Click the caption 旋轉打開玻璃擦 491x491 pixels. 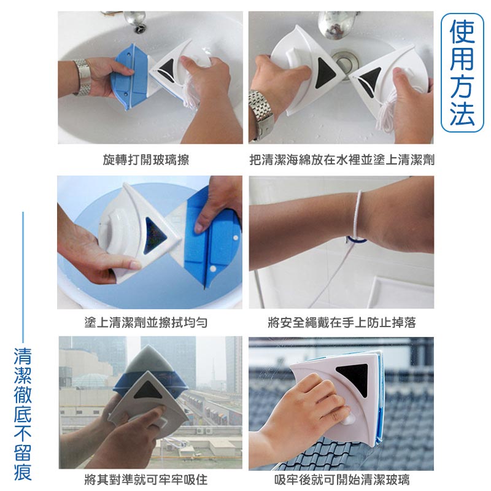[x=146, y=160]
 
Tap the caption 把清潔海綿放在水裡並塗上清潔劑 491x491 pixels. [x=342, y=160]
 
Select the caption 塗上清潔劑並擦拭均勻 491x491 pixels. [x=146, y=322]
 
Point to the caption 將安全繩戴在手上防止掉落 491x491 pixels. [x=342, y=322]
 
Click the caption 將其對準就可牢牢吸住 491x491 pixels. [x=146, y=479]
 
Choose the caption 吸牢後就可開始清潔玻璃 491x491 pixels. [x=342, y=479]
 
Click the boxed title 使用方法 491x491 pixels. [x=462, y=72]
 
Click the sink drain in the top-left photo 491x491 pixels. [x=140, y=29]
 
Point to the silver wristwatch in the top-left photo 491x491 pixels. [x=83, y=77]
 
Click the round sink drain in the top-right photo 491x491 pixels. [x=346, y=62]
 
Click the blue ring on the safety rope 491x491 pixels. [x=357, y=240]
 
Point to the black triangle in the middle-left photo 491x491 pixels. [x=154, y=236]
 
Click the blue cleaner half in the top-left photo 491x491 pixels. [x=129, y=77]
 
